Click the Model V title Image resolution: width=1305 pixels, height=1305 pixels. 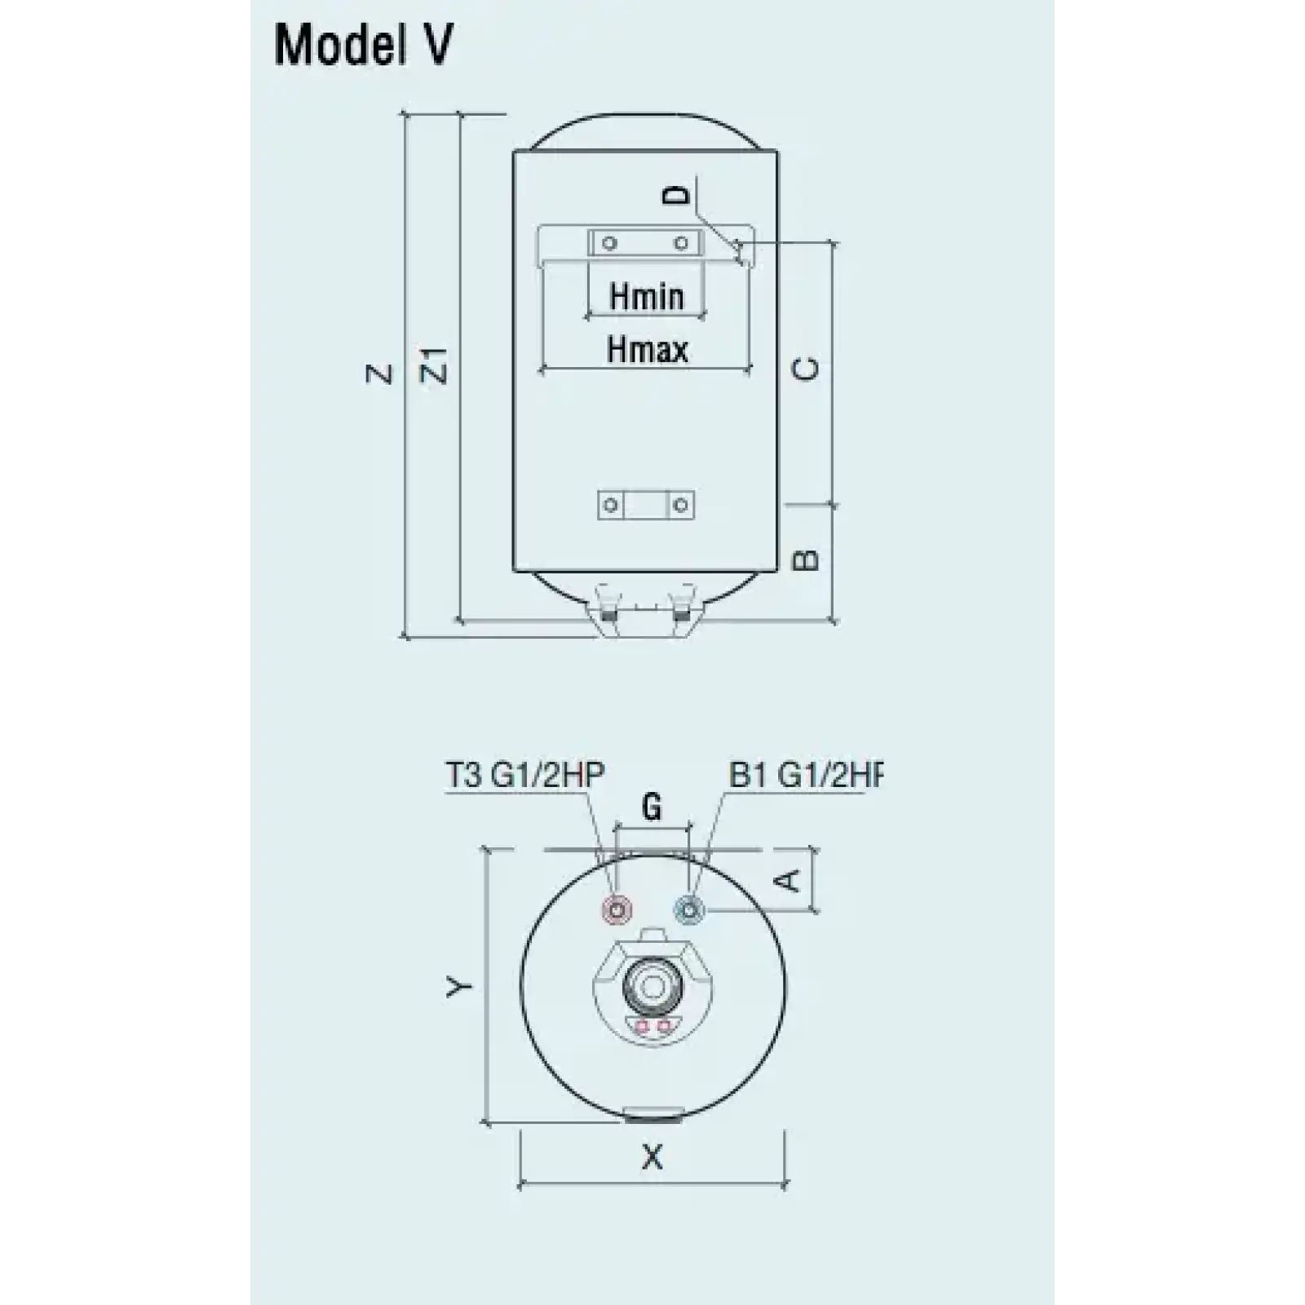tap(363, 46)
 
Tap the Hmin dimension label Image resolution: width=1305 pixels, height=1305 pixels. tap(647, 296)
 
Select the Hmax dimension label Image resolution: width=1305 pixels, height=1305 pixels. tap(648, 350)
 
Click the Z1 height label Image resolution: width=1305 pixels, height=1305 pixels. tap(438, 365)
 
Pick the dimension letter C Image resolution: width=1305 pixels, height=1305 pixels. tap(806, 369)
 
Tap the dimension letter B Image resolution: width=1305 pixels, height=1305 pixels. tap(806, 559)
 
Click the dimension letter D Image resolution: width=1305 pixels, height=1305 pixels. tap(676, 194)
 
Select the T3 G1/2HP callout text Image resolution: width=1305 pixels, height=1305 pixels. tap(524, 775)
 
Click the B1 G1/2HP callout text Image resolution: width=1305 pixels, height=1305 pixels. tap(806, 775)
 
